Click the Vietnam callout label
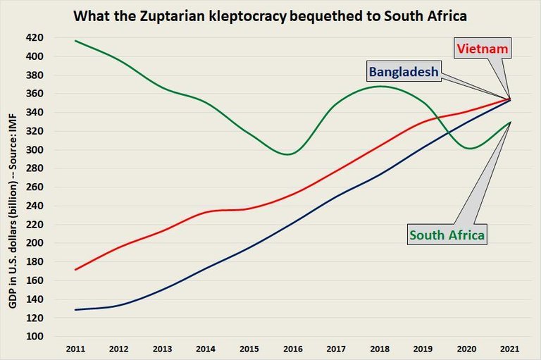(x=483, y=49)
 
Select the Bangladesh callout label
(x=402, y=71)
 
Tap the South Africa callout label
(x=447, y=235)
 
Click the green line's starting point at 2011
(x=75, y=40)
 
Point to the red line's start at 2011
(x=75, y=269)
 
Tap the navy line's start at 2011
(x=75, y=309)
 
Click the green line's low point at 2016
(x=290, y=154)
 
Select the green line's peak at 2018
(x=380, y=86)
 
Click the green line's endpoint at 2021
(x=510, y=122)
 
